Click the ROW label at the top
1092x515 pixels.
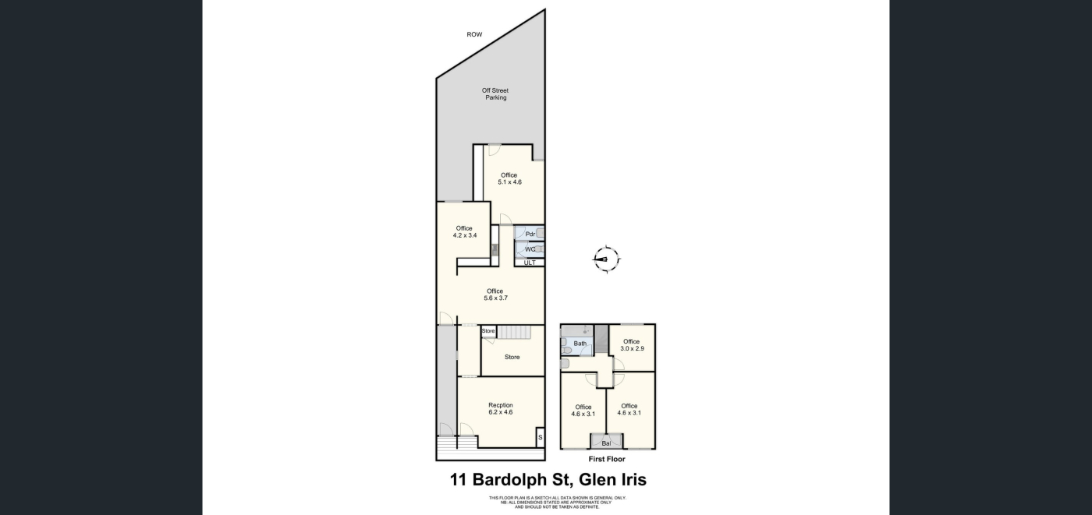click(474, 34)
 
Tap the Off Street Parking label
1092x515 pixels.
click(495, 94)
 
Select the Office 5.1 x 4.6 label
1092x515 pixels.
click(509, 178)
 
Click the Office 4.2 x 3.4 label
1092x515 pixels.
click(465, 231)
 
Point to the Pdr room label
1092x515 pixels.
click(530, 235)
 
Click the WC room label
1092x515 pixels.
click(530, 249)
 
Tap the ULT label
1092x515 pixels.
click(530, 263)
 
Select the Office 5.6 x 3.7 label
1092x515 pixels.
click(495, 295)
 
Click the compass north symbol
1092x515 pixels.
click(607, 259)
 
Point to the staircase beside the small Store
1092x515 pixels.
click(513, 333)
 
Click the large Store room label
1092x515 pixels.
click(512, 358)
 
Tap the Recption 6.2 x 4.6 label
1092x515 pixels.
click(501, 408)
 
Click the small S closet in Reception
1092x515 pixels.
click(540, 437)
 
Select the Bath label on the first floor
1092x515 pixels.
click(580, 344)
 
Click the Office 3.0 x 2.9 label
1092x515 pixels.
click(632, 345)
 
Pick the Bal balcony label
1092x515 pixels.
click(606, 443)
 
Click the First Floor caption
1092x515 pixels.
click(607, 459)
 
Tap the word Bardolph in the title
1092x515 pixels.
click(510, 480)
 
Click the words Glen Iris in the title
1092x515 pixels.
click(613, 480)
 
